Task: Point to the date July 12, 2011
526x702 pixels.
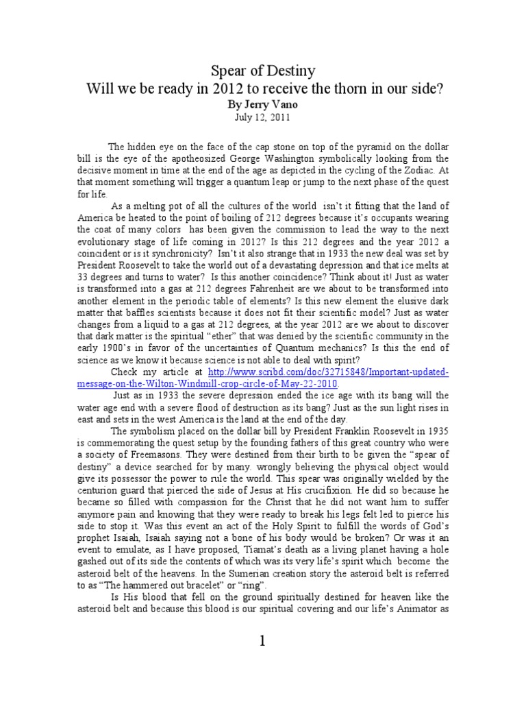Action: tap(263, 117)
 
